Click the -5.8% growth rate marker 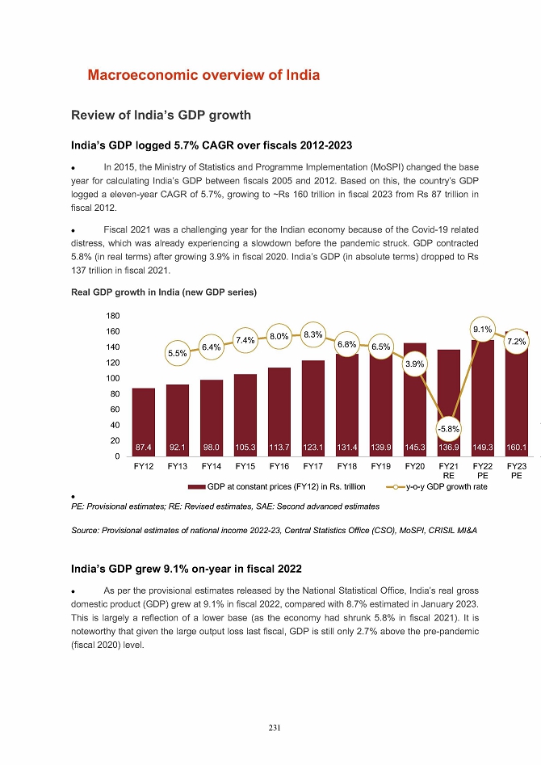(x=449, y=428)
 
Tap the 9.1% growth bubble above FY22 (x=482, y=329)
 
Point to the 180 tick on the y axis (x=112, y=316)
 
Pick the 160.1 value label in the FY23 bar (x=517, y=446)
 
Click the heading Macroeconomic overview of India (x=203, y=75)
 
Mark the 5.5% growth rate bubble (x=178, y=353)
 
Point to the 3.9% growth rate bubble (x=415, y=364)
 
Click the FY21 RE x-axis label (x=448, y=471)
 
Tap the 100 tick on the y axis (x=112, y=378)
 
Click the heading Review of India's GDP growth (x=161, y=115)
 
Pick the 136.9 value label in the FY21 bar (x=449, y=446)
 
